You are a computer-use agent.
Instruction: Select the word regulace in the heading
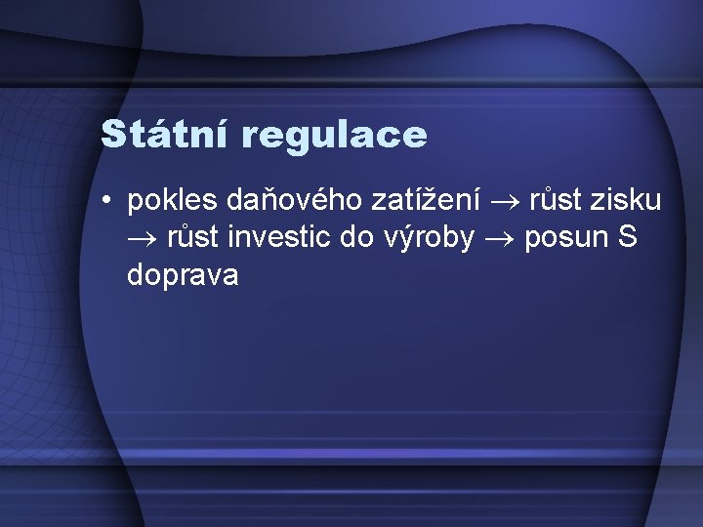(x=337, y=136)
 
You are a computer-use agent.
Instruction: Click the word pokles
(x=172, y=201)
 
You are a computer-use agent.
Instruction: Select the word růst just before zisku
(x=558, y=201)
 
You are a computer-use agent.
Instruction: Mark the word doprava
(x=183, y=276)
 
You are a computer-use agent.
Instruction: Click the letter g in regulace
(x=294, y=138)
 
